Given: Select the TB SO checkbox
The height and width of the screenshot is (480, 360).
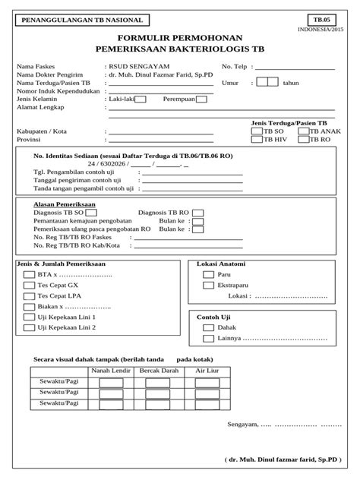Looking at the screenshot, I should pos(256,131).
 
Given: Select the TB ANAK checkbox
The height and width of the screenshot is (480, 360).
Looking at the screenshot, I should pos(303,131).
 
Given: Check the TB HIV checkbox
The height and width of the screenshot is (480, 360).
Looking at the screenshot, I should pos(256,141).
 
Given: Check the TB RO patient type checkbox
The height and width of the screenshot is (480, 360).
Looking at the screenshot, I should pos(303,141).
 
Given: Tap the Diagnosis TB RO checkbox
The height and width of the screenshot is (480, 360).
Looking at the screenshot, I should pos(197,213).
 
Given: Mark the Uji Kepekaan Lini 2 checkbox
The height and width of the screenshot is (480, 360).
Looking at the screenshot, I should pos(29,328).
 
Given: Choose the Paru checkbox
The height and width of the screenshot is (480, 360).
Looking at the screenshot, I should pos(208,275).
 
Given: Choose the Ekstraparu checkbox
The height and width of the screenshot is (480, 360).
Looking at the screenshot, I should pos(208,286).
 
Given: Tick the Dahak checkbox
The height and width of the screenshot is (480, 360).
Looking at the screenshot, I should pos(208,328).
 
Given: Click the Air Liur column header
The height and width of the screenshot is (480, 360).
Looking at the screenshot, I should pos(207,371).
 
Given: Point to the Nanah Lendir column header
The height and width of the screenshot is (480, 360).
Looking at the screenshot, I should pos(110,371).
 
